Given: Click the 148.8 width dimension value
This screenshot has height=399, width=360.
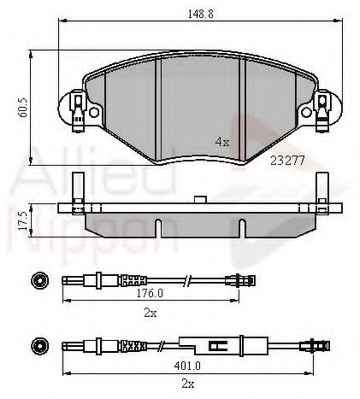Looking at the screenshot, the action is (200, 14).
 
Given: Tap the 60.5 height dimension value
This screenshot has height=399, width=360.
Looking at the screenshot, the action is (24, 106).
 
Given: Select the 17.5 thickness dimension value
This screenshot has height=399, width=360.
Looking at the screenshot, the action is (23, 220).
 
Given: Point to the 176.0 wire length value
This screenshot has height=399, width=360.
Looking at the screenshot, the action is (150, 294).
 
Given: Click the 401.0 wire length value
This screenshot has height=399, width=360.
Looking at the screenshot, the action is (187, 366).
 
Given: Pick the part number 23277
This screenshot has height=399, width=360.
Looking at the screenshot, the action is (287, 161).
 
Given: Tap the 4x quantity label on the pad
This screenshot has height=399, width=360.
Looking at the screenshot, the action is (222, 142).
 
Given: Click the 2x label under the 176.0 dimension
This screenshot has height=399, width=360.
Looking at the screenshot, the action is (151, 313).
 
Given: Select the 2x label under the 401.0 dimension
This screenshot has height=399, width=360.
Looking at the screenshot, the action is (188, 384).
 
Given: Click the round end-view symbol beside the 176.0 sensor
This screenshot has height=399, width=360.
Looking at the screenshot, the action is (39, 281).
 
